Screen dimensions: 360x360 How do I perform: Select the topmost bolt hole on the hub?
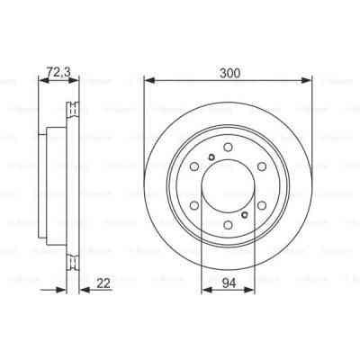tap(228, 148)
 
